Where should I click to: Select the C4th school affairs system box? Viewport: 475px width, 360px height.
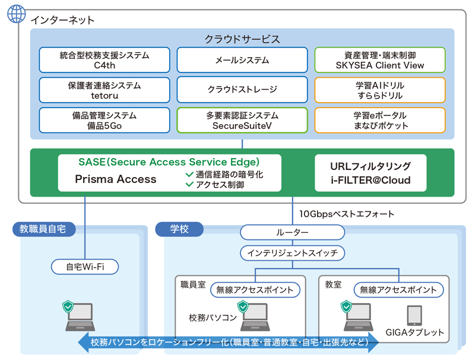pos(104,60)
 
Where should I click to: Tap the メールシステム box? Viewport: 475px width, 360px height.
pos(242,60)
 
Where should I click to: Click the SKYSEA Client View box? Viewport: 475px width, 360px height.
pos(379,60)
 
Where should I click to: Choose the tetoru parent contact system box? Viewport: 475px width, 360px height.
pos(104,90)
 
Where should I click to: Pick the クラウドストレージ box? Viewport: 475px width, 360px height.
pos(242,90)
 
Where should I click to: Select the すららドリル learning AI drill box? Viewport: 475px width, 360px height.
pos(379,90)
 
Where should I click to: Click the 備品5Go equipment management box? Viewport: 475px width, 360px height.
pos(104,119)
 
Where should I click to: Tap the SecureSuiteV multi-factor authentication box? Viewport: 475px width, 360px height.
pos(242,119)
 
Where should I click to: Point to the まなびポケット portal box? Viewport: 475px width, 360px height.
pos(379,119)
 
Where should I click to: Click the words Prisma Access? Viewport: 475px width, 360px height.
pos(116,179)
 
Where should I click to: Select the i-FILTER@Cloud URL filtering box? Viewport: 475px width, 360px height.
pos(370,173)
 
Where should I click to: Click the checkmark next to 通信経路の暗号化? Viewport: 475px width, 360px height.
pos(189,175)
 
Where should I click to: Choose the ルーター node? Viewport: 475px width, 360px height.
pos(293,232)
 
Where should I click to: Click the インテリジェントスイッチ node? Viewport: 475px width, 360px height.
pos(293,252)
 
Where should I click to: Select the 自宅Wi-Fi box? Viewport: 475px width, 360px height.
pos(85,267)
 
